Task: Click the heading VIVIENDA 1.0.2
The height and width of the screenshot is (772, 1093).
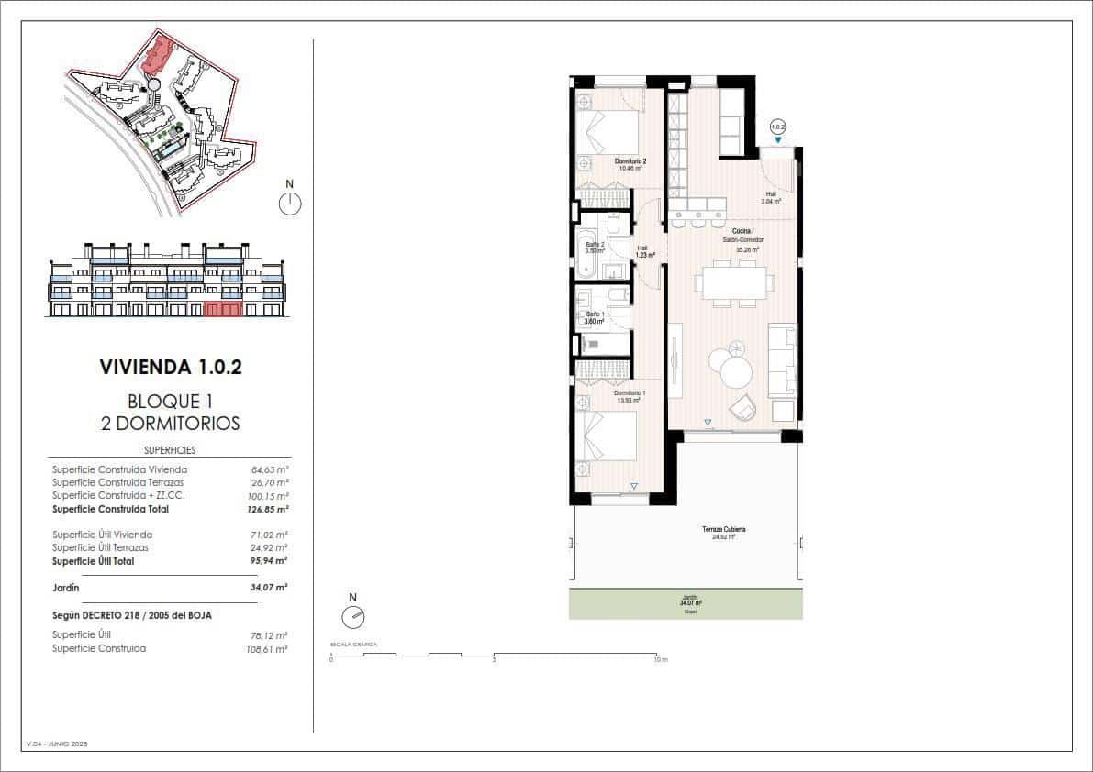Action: pyautogui.click(x=171, y=368)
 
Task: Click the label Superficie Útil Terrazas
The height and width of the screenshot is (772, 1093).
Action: pyautogui.click(x=100, y=547)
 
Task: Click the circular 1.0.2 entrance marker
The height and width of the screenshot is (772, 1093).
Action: pyautogui.click(x=778, y=127)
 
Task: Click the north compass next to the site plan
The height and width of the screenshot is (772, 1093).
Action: pyautogui.click(x=290, y=203)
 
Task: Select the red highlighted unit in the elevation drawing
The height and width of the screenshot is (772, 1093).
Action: pyautogui.click(x=223, y=309)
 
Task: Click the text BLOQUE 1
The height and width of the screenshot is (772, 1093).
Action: pyautogui.click(x=171, y=402)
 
